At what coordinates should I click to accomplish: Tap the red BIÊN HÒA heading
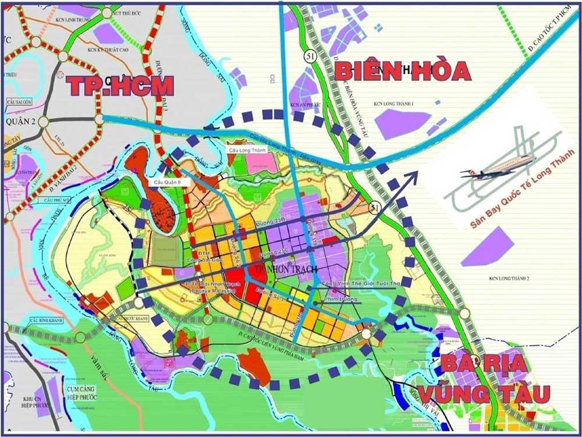(x=402, y=71)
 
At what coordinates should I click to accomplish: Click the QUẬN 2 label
(x=20, y=122)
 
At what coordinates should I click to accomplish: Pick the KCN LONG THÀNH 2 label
(x=509, y=278)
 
